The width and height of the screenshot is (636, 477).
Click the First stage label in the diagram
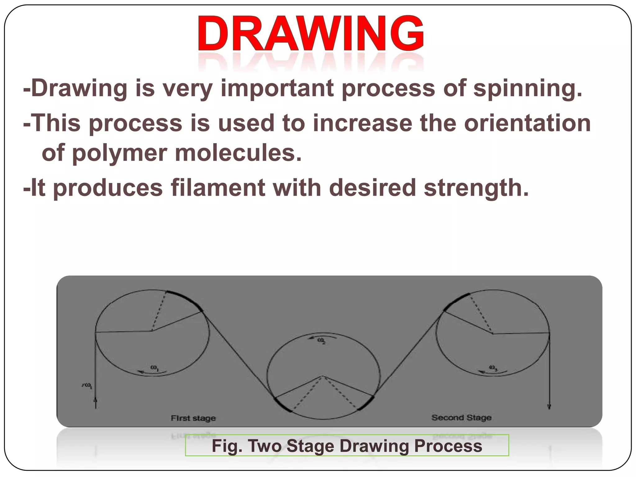(193, 418)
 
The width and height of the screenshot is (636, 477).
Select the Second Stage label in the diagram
(461, 418)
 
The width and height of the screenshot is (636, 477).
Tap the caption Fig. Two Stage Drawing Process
(347, 446)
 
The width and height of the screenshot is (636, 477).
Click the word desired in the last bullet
(372, 188)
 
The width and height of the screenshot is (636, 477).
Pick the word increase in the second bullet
(362, 123)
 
